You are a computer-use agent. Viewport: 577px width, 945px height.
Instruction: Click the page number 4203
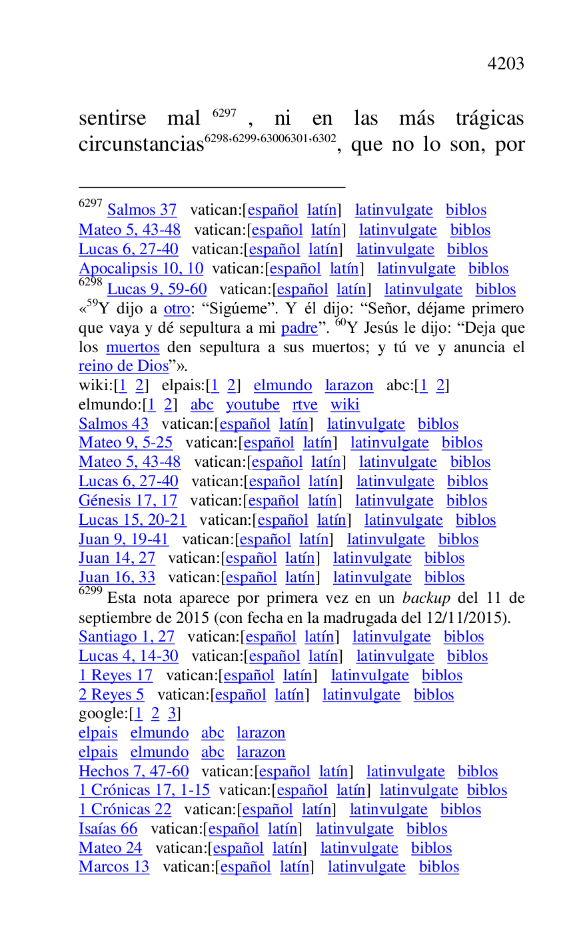pyautogui.click(x=505, y=64)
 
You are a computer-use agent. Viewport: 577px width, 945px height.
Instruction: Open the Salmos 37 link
pyautogui.click(x=142, y=210)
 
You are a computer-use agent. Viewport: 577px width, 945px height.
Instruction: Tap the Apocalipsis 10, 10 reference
pyautogui.click(x=141, y=269)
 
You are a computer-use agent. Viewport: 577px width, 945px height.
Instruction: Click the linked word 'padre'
pyautogui.click(x=299, y=328)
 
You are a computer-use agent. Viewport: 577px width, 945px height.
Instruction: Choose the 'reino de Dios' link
pyautogui.click(x=123, y=366)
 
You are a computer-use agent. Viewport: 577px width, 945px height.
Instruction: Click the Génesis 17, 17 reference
pyautogui.click(x=128, y=501)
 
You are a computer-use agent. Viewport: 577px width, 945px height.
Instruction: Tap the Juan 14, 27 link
pyautogui.click(x=117, y=558)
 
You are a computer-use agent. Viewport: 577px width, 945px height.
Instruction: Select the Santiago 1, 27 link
pyautogui.click(x=127, y=637)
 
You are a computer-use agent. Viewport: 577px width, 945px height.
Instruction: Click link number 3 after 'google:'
pyautogui.click(x=171, y=714)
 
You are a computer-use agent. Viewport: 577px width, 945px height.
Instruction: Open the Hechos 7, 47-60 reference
pyautogui.click(x=133, y=772)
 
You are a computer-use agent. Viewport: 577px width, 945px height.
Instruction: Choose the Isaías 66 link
pyautogui.click(x=108, y=829)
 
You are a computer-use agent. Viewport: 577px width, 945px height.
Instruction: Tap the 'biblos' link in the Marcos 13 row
pyautogui.click(x=438, y=867)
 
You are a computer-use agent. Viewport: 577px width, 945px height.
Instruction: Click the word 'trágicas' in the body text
pyautogui.click(x=490, y=119)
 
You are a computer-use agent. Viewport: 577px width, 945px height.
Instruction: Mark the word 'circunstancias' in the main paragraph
pyautogui.click(x=141, y=145)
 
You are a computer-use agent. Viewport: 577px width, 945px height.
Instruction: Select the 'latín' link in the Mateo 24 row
pyautogui.click(x=287, y=848)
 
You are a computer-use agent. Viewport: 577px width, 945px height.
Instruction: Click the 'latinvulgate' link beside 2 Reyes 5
pyautogui.click(x=361, y=695)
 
